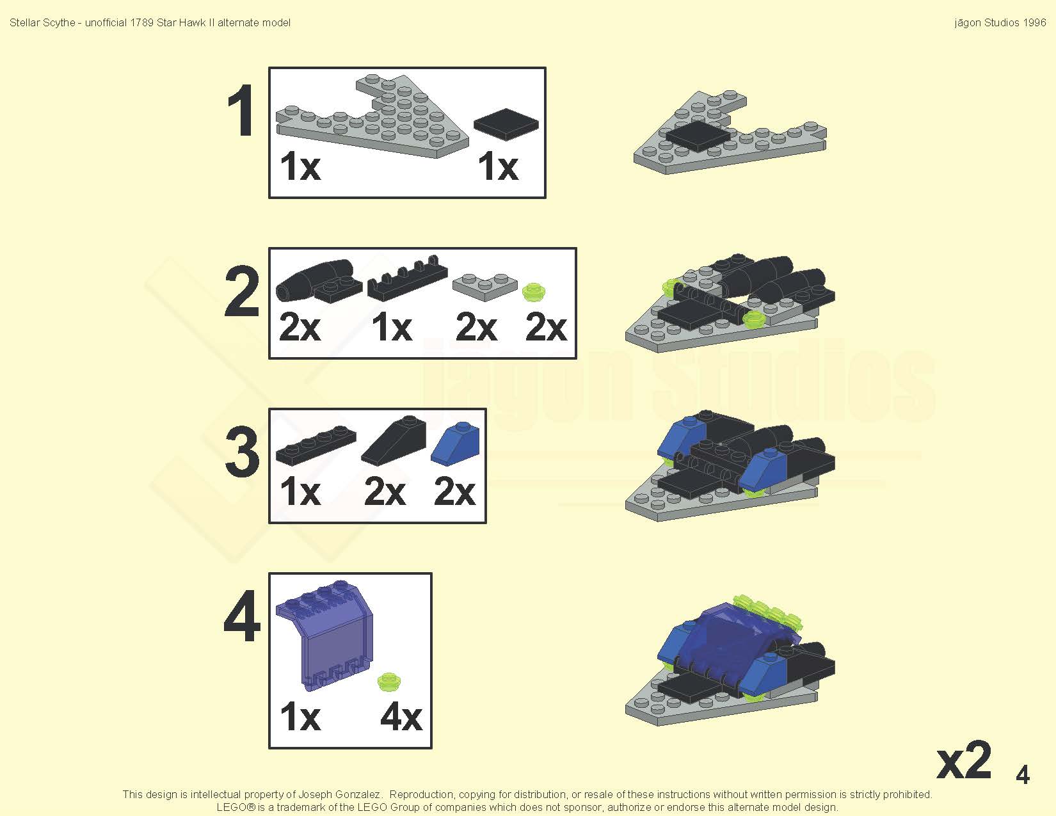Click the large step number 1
[241, 110]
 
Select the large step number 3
[241, 451]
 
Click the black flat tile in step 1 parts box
[506, 124]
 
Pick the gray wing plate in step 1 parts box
[372, 116]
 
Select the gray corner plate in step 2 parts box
[484, 287]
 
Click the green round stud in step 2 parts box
[534, 292]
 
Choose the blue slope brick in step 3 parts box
[455, 444]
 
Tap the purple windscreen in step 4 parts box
[324, 636]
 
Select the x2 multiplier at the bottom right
[964, 760]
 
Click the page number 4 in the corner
[1023, 774]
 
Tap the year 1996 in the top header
[1034, 23]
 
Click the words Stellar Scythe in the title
[42, 23]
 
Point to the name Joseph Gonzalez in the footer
[339, 794]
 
